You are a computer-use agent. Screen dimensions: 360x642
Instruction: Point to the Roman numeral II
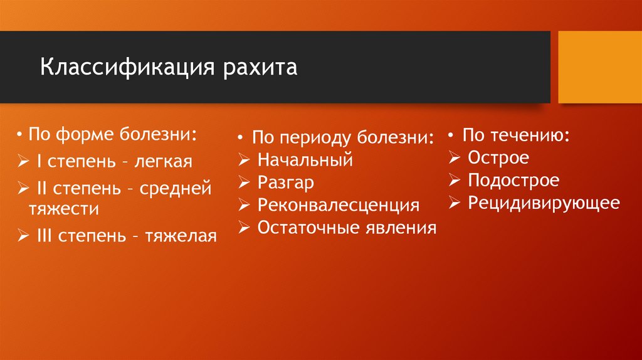pyautogui.click(x=41, y=188)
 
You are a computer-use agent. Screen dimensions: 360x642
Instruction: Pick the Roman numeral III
pyautogui.click(x=45, y=236)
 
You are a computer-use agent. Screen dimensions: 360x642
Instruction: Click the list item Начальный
pyautogui.click(x=305, y=161)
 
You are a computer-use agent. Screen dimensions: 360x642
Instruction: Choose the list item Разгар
pyautogui.click(x=285, y=183)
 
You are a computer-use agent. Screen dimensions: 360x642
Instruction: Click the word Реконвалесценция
pyautogui.click(x=338, y=205)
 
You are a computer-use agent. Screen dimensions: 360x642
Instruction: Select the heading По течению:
pyautogui.click(x=515, y=135)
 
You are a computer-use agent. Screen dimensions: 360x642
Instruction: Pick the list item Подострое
pyautogui.click(x=513, y=181)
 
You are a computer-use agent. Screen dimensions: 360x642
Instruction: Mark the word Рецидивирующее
pyautogui.click(x=544, y=203)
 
